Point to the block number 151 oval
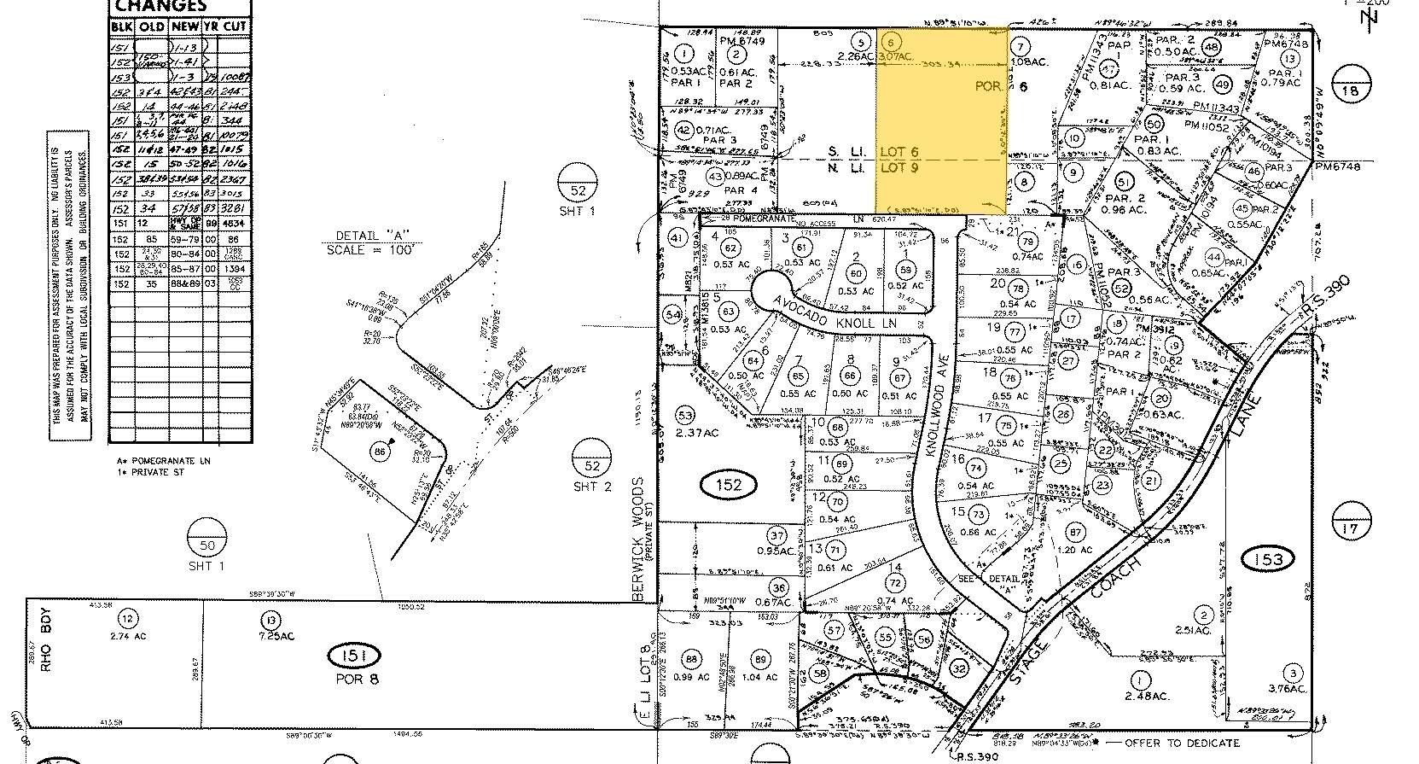coord(354,656)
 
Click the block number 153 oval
coord(1268,558)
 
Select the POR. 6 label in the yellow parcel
coord(991,86)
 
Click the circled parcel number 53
coord(685,415)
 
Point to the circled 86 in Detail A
coord(381,452)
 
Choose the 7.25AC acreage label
coord(271,637)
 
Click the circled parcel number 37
coord(776,537)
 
